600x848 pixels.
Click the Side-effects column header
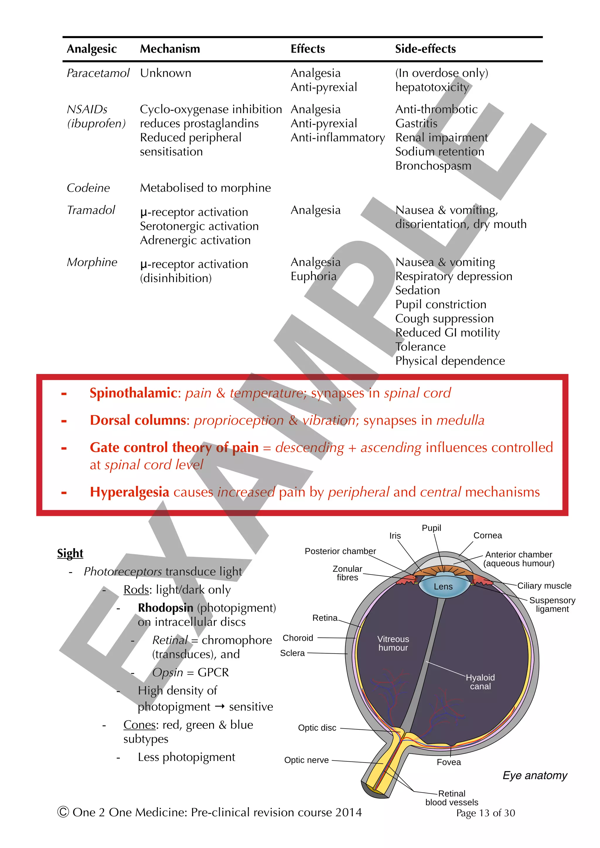pyautogui.click(x=425, y=49)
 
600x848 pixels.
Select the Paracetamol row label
pyautogui.click(x=98, y=73)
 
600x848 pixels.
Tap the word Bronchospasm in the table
pyautogui.click(x=433, y=166)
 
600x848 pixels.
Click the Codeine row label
pyautogui.click(x=88, y=188)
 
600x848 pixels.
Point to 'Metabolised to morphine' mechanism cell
pyautogui.click(x=205, y=188)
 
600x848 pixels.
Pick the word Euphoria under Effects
pyautogui.click(x=313, y=276)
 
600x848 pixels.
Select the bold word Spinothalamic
pyautogui.click(x=133, y=393)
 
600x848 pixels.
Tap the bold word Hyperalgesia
pyautogui.click(x=129, y=492)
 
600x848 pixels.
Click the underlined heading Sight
pyautogui.click(x=70, y=553)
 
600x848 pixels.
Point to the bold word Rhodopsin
pyautogui.click(x=166, y=608)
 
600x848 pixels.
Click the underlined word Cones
pyautogui.click(x=139, y=725)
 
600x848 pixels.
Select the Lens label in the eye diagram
pyautogui.click(x=443, y=587)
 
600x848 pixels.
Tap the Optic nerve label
pyautogui.click(x=306, y=760)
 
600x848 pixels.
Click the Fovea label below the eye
pyautogui.click(x=449, y=762)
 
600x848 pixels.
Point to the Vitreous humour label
pyautogui.click(x=393, y=643)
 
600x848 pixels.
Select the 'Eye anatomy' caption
pyautogui.click(x=535, y=775)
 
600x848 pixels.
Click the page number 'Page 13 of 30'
pyautogui.click(x=485, y=813)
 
